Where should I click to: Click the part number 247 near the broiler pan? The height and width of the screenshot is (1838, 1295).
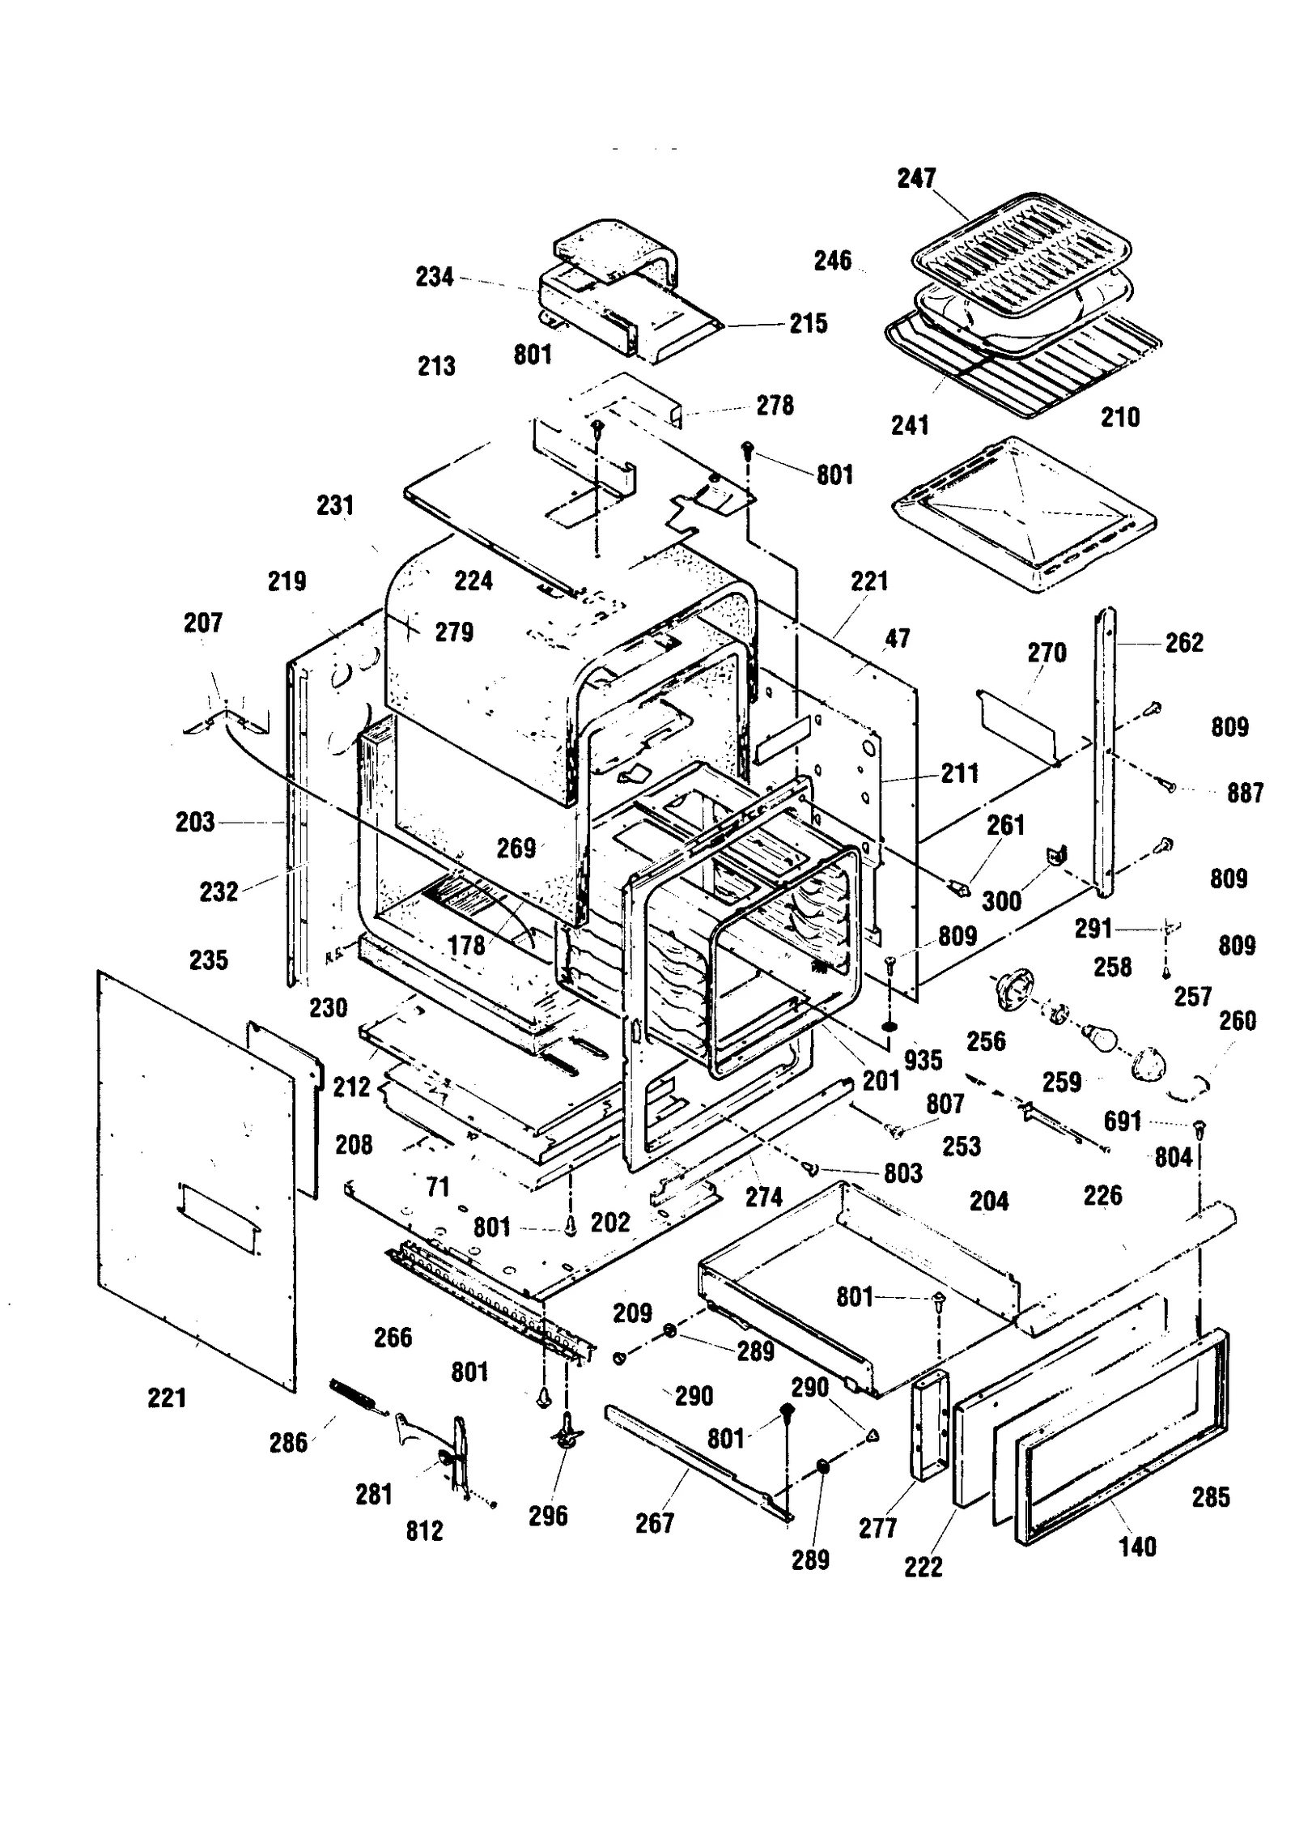(x=915, y=178)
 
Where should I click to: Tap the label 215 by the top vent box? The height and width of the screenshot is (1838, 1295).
(x=808, y=323)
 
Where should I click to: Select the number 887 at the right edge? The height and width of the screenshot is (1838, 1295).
(x=1244, y=793)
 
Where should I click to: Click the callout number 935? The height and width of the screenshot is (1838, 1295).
(x=923, y=1060)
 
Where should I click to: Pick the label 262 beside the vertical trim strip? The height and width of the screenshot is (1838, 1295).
(x=1183, y=643)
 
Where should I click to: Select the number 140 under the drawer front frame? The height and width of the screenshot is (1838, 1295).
(x=1136, y=1547)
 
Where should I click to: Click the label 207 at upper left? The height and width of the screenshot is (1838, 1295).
(x=202, y=623)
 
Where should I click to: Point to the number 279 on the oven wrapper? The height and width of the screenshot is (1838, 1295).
(x=453, y=632)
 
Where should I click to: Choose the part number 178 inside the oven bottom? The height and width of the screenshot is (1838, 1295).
(x=466, y=945)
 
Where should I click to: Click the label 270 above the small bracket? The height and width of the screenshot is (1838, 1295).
(x=1047, y=653)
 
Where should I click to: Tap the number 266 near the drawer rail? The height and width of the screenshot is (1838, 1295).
(x=393, y=1337)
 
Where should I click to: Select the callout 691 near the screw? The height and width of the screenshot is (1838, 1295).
(x=1122, y=1121)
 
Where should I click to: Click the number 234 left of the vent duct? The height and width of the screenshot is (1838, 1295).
(x=434, y=277)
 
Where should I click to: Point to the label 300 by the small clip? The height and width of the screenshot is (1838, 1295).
(x=1000, y=900)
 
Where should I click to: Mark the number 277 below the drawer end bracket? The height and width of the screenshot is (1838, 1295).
(x=877, y=1528)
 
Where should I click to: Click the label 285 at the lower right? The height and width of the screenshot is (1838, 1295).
(x=1210, y=1497)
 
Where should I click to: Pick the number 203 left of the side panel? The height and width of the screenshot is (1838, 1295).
(x=194, y=822)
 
